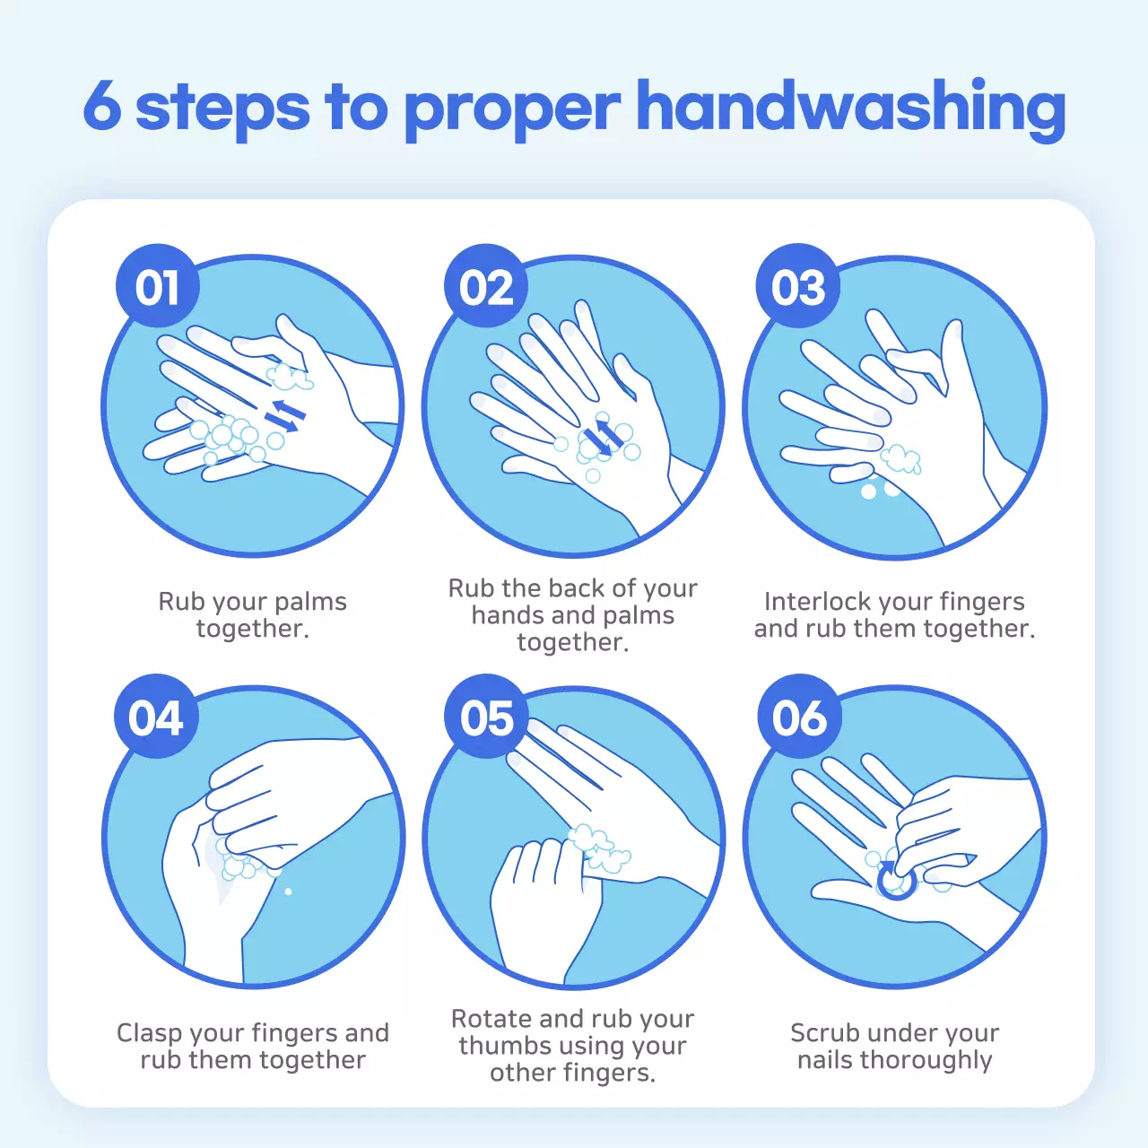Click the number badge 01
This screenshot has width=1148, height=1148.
(x=158, y=287)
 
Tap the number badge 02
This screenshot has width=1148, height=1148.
(x=486, y=287)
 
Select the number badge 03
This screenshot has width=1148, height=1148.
(x=798, y=287)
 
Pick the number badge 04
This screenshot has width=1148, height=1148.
(x=156, y=717)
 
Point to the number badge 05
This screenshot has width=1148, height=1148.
(x=487, y=717)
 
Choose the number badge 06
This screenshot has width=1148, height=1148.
(x=799, y=717)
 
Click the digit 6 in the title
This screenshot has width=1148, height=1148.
(x=102, y=106)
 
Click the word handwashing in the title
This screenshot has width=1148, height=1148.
(x=850, y=108)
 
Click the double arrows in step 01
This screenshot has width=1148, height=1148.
(x=285, y=415)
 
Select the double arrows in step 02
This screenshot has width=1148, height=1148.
(x=600, y=437)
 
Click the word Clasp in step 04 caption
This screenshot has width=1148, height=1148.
(x=150, y=1033)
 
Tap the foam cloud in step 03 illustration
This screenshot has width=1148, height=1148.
(x=900, y=459)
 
